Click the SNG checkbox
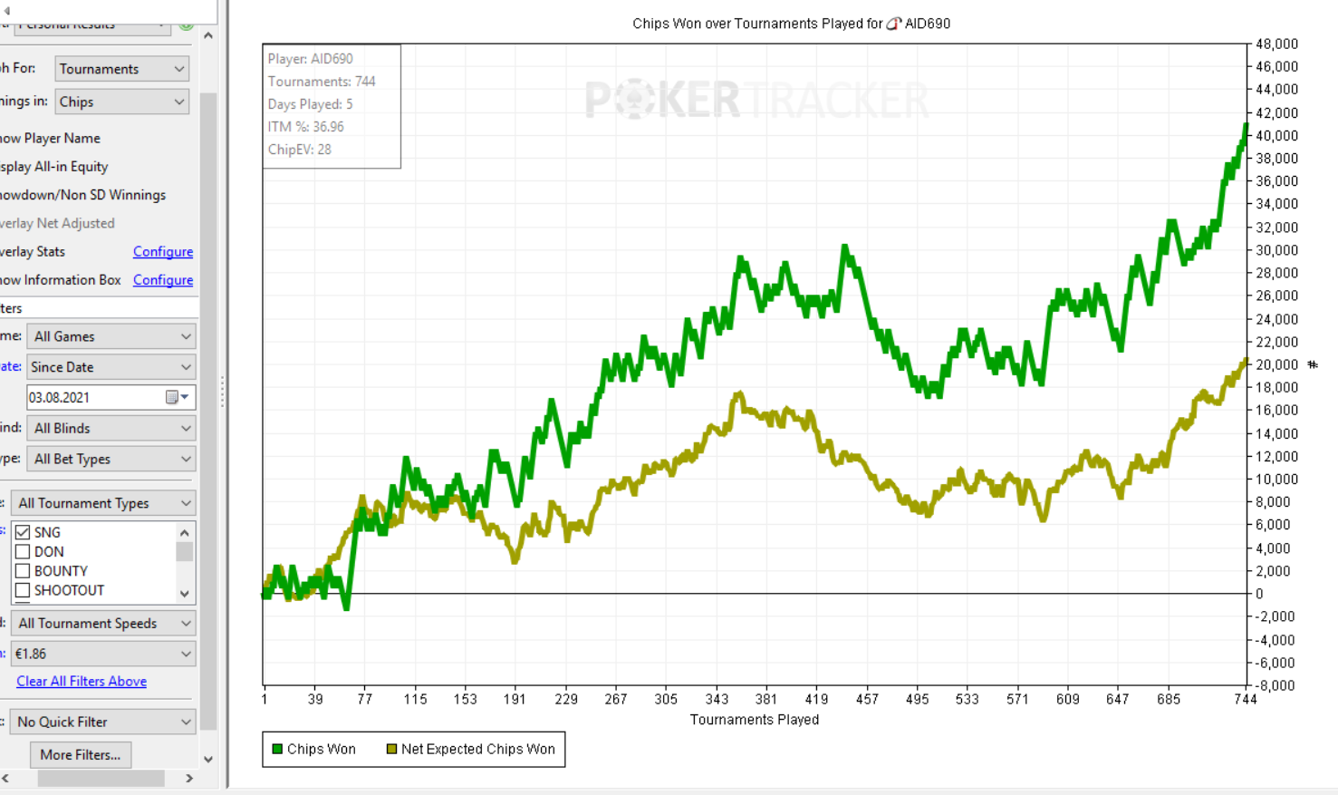(24, 532)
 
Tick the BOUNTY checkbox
(24, 571)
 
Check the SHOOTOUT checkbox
(24, 590)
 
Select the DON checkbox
(24, 552)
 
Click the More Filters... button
(80, 754)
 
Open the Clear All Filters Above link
(82, 682)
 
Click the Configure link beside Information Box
(163, 280)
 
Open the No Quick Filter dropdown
(103, 722)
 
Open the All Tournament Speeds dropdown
(103, 624)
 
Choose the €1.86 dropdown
(103, 654)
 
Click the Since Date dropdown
(111, 367)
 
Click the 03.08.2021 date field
(95, 397)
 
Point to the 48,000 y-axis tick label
(1275, 44)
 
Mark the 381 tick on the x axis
(766, 699)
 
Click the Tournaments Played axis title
(755, 720)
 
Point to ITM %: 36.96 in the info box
(305, 127)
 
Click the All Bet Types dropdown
(111, 459)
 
